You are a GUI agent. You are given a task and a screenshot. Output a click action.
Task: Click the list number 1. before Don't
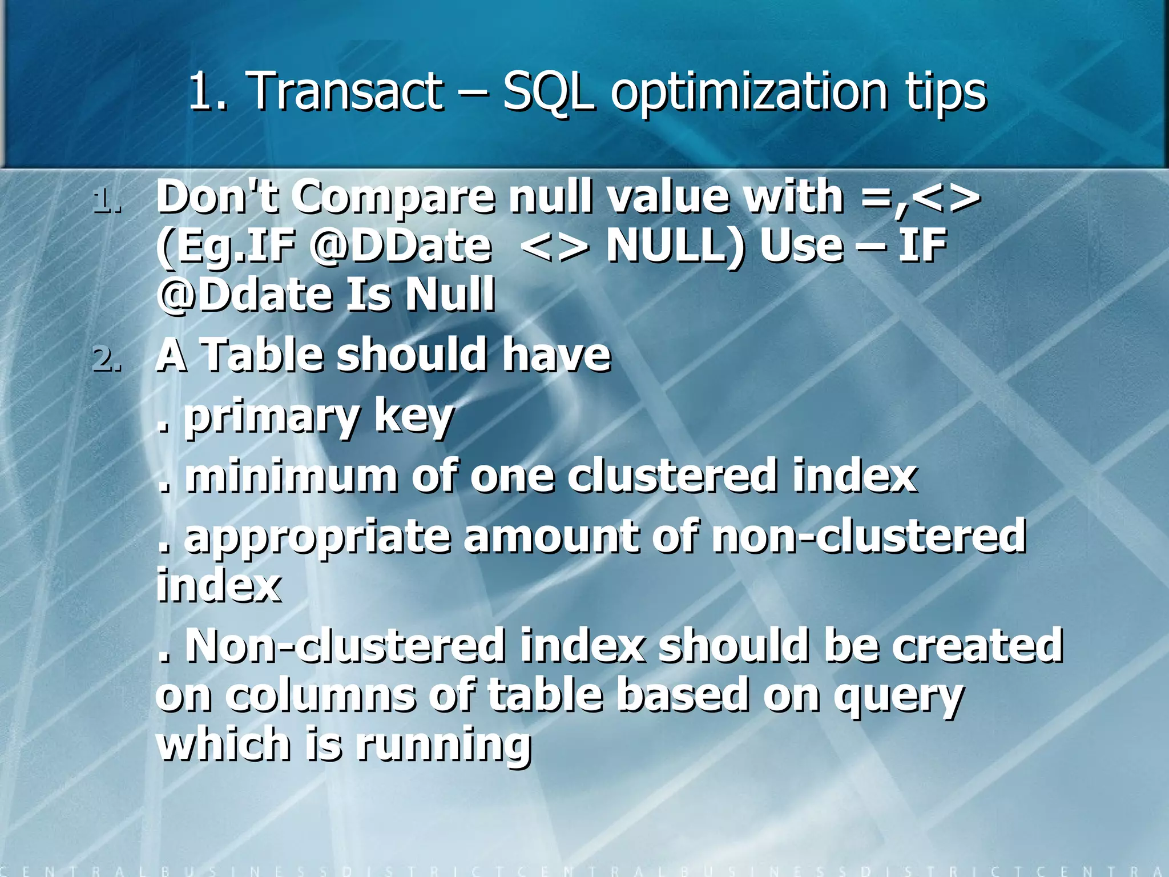[x=107, y=201]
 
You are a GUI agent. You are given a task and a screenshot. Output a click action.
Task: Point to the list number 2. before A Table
[x=107, y=360]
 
